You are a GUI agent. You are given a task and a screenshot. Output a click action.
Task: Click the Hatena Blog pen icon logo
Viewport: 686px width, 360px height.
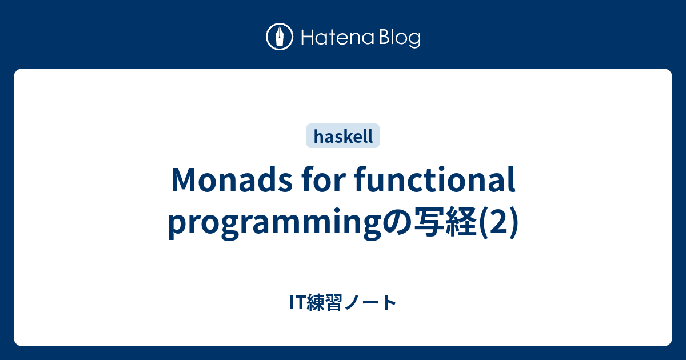click(280, 37)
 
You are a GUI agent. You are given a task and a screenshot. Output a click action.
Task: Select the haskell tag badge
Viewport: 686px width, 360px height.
click(343, 136)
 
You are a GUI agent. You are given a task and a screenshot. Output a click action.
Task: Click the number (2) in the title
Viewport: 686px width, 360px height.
click(499, 222)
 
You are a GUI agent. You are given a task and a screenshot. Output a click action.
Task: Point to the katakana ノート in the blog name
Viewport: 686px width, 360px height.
click(372, 303)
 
